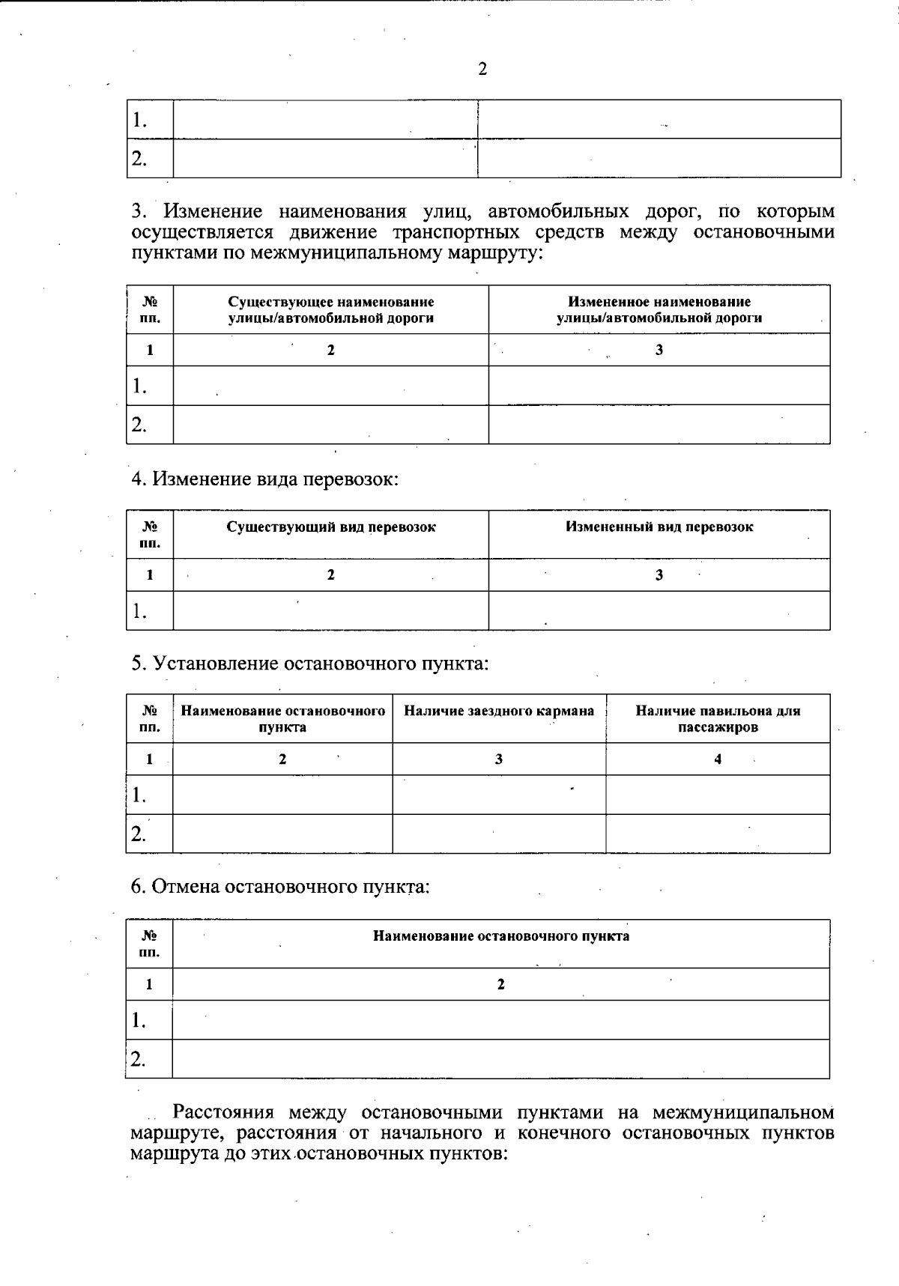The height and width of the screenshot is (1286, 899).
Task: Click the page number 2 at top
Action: pos(482,70)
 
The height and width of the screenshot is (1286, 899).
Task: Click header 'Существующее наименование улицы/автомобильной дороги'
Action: pos(330,309)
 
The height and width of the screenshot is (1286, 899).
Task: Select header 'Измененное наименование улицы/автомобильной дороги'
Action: pos(659,309)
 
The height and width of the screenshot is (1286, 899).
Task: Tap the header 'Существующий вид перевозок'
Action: pos(330,527)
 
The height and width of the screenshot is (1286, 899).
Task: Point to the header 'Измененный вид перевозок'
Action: pos(659,527)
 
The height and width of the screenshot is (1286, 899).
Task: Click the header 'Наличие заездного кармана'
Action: pos(499,711)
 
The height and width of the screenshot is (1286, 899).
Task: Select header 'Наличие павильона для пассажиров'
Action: pos(717,718)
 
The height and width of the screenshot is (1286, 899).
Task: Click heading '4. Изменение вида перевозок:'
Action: pos(264,479)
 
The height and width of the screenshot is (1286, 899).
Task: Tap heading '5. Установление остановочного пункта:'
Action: pos(309,663)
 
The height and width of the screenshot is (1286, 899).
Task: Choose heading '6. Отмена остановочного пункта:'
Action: pos(280,887)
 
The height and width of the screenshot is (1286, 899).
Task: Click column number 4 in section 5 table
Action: pos(718,759)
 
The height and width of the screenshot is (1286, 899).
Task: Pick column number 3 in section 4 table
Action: pos(659,574)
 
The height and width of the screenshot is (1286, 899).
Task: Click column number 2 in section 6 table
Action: pos(500,984)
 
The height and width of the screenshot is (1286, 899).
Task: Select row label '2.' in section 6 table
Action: pos(139,1058)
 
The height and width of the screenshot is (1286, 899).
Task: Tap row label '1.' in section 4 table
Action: pos(139,611)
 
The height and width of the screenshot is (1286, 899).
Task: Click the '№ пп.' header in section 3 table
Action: pos(150,309)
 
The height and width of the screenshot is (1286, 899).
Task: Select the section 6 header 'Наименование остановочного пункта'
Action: pos(500,936)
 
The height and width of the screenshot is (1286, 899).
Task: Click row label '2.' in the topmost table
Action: pos(139,158)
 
